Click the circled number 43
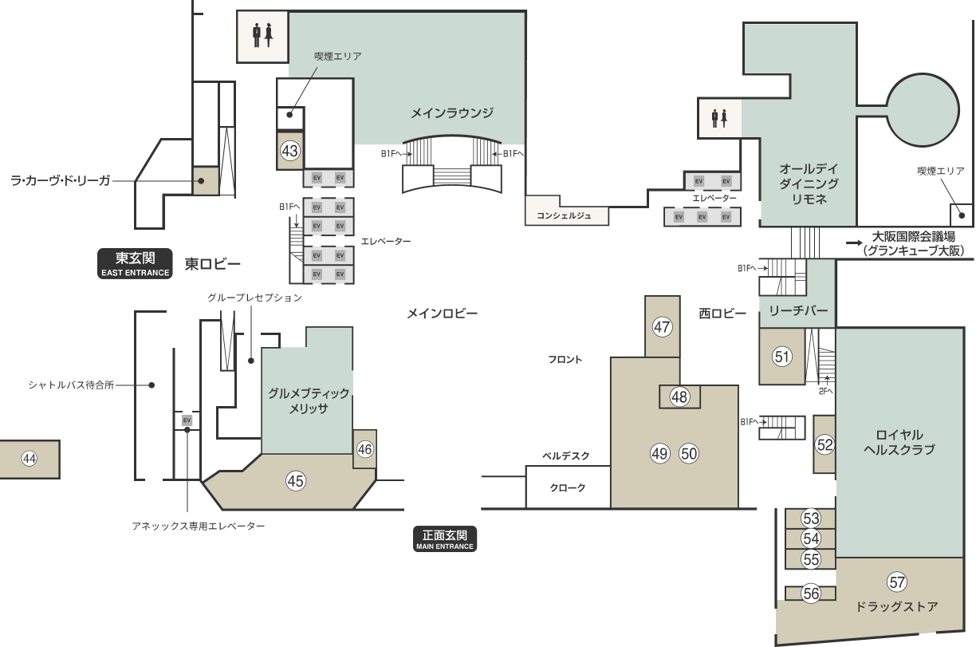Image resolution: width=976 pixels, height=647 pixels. pyautogui.click(x=289, y=151)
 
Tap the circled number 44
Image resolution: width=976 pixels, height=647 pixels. pyautogui.click(x=30, y=459)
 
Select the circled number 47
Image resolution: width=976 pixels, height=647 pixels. pyautogui.click(x=662, y=327)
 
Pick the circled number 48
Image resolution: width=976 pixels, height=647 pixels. pyautogui.click(x=679, y=396)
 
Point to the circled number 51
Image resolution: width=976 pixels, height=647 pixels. pyautogui.click(x=782, y=357)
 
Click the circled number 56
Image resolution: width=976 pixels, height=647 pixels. pyautogui.click(x=811, y=594)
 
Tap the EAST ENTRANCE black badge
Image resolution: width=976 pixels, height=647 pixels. pyautogui.click(x=135, y=263)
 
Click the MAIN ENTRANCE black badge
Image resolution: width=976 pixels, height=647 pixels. pyautogui.click(x=445, y=539)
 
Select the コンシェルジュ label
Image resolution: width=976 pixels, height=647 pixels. pyautogui.click(x=564, y=216)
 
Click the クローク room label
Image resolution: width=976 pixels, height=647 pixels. pyautogui.click(x=568, y=487)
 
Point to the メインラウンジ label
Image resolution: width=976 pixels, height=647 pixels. pyautogui.click(x=452, y=113)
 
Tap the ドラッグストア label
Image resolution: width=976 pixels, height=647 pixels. pyautogui.click(x=897, y=606)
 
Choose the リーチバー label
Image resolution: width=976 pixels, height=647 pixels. pyautogui.click(x=798, y=311)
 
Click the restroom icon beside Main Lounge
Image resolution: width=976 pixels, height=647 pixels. pyautogui.click(x=262, y=35)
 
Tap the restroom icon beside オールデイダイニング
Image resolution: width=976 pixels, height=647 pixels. pyautogui.click(x=719, y=118)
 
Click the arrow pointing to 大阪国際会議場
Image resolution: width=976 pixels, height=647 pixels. pyautogui.click(x=854, y=243)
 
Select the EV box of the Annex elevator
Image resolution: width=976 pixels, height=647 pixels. pyautogui.click(x=187, y=420)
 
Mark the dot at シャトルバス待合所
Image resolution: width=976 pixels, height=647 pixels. pyautogui.click(x=152, y=385)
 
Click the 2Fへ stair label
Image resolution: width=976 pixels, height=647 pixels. pyautogui.click(x=825, y=392)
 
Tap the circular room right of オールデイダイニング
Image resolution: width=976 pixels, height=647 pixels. pyautogui.click(x=923, y=110)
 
